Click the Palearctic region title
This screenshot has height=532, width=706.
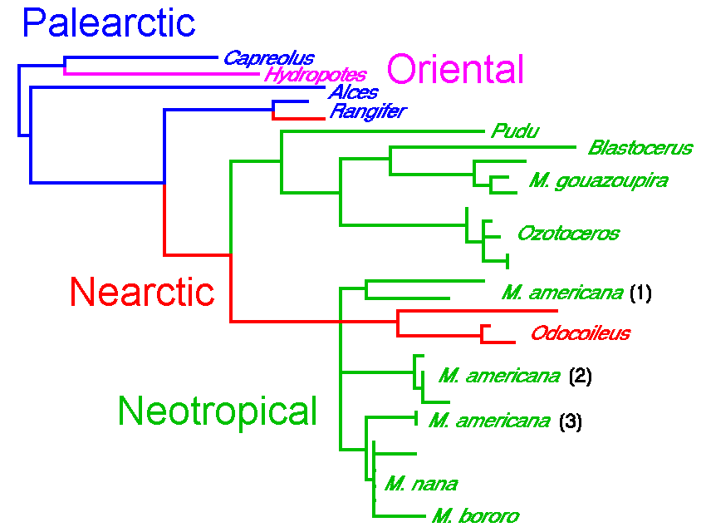click(109, 23)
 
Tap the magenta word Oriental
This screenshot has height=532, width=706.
click(455, 70)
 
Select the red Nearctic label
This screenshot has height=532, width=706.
click(142, 292)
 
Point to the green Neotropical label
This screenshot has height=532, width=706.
click(218, 411)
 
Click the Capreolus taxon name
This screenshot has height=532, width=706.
click(268, 58)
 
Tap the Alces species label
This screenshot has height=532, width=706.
click(353, 92)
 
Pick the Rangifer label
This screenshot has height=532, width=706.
click(367, 111)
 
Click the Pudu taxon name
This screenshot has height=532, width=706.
click(515, 131)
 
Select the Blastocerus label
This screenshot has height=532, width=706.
click(640, 149)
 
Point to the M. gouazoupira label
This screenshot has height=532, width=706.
click(598, 180)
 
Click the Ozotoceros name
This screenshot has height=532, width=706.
click(568, 233)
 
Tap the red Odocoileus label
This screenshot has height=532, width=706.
click(581, 334)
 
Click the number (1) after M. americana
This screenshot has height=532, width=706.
click(640, 293)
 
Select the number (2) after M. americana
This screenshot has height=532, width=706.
click(580, 376)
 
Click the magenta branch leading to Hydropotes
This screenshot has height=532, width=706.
click(166, 74)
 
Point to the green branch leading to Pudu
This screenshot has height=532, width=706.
click(382, 131)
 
